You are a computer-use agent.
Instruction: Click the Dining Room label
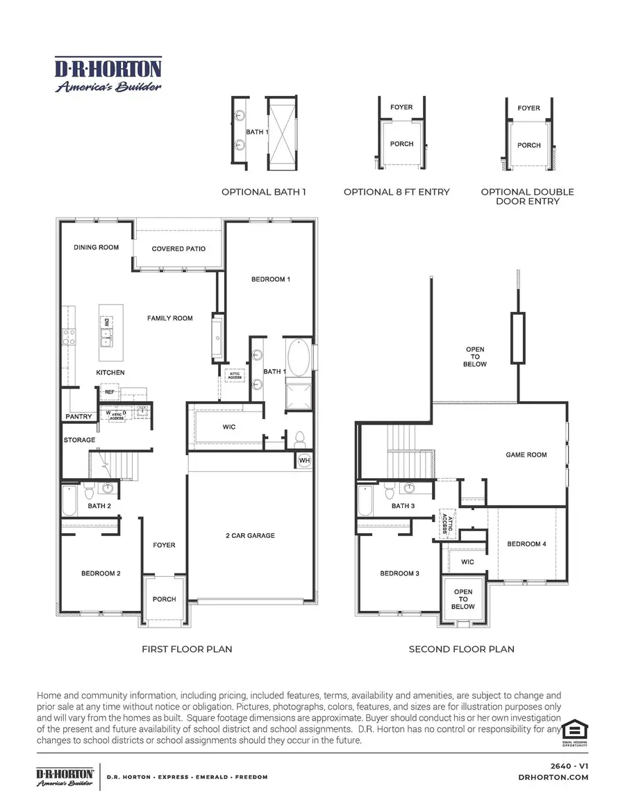(x=96, y=247)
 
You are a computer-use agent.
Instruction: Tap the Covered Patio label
(x=178, y=249)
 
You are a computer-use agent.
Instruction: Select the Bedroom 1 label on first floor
(x=270, y=279)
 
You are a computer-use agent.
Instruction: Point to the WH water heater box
(x=304, y=460)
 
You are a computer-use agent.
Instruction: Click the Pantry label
(x=78, y=417)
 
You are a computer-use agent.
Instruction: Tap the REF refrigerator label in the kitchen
(x=110, y=392)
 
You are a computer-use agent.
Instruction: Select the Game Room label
(x=526, y=455)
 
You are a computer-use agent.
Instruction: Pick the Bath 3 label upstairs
(x=403, y=506)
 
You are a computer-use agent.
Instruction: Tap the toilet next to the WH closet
(x=300, y=440)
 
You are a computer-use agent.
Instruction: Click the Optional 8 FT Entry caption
(x=397, y=192)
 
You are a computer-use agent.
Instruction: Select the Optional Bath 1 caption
(x=263, y=192)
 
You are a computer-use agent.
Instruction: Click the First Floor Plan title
(x=187, y=649)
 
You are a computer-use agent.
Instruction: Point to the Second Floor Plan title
(x=461, y=649)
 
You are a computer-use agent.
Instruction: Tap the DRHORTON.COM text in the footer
(x=553, y=777)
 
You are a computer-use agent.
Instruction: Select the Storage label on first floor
(x=79, y=440)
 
